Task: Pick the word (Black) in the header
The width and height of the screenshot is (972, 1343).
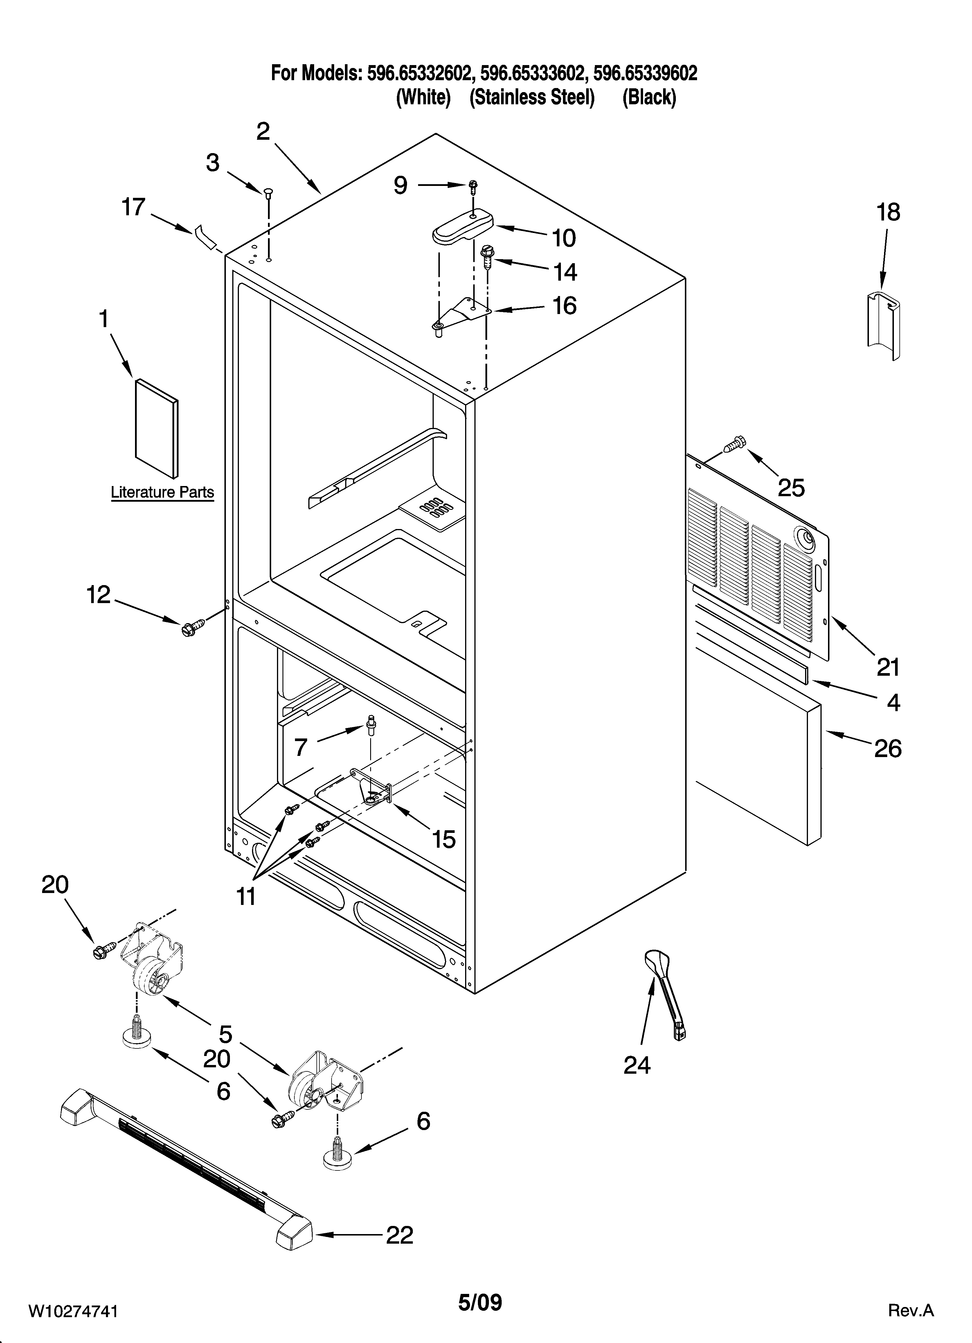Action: pos(649,97)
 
